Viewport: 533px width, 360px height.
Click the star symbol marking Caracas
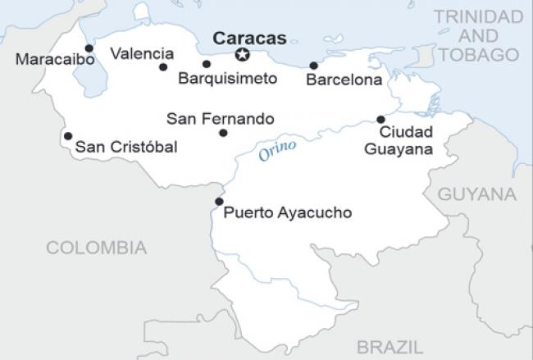coord(242,55)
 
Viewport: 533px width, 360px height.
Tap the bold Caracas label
coord(249,38)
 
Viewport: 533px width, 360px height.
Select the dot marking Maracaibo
coord(89,48)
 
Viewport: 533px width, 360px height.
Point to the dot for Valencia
coord(163,67)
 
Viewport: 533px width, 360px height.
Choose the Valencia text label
coord(142,53)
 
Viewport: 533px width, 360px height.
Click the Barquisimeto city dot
coord(206,64)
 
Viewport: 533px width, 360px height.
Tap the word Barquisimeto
coord(227,79)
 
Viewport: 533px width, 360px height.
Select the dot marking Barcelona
coord(313,66)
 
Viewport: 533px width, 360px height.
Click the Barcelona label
coord(344,80)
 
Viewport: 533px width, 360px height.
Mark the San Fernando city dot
coord(223,133)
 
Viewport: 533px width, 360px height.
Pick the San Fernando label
coord(220,119)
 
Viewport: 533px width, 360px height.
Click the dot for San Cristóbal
coord(67,136)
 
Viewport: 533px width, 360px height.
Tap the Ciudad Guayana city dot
coord(380,119)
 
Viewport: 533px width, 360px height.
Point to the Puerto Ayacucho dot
coord(218,201)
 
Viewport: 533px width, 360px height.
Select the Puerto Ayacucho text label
coord(287,212)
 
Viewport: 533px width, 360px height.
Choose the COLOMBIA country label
coord(96,248)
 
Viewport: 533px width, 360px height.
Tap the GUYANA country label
coord(477,194)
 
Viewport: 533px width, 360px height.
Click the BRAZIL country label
coord(389,345)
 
